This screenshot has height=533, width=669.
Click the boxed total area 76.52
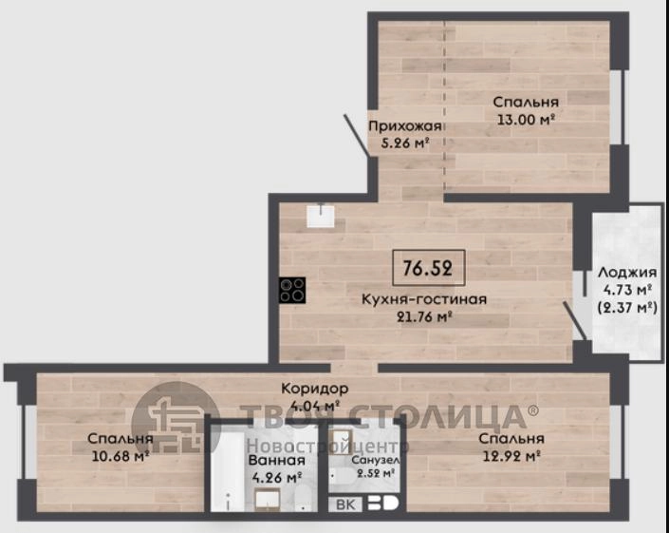coord(428,268)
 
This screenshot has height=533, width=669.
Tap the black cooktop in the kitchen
coord(292,291)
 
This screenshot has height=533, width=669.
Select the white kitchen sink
coord(321,217)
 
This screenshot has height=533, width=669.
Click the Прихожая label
coord(404,126)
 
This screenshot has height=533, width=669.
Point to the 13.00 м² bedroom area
coord(526,119)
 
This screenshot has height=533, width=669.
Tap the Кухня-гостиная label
coord(424,299)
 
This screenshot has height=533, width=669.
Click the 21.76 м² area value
coord(424,316)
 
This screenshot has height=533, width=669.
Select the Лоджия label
coord(626,272)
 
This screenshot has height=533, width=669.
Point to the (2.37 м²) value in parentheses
coord(626,307)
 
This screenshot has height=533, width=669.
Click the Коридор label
coord(315,389)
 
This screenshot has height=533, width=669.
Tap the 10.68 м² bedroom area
coord(121,456)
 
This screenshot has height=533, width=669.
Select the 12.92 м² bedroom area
coord(511,456)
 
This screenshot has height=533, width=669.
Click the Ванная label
coord(276,461)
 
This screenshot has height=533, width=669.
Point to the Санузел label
coord(376,460)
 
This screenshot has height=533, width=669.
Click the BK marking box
coord(345,504)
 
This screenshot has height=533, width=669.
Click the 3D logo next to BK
coord(382,504)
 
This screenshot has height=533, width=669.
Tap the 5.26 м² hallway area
coord(404,143)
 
